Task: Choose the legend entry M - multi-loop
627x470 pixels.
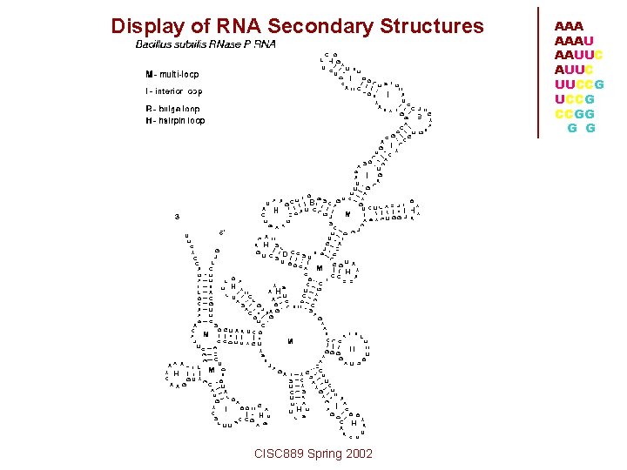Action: (x=172, y=75)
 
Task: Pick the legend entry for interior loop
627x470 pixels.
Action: (x=174, y=91)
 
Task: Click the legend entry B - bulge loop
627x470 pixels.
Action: (x=172, y=109)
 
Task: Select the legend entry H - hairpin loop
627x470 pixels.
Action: (x=175, y=121)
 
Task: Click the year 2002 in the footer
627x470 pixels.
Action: (x=358, y=453)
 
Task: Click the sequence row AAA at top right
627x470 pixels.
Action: (x=569, y=28)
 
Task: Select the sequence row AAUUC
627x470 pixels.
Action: (x=578, y=55)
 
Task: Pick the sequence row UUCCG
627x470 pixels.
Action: (x=578, y=84)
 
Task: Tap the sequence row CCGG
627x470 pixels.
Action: (x=575, y=114)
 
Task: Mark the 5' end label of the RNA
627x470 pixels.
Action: (x=222, y=232)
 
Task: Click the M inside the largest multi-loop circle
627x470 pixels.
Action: (x=290, y=341)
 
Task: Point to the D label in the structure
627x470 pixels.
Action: (x=285, y=254)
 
